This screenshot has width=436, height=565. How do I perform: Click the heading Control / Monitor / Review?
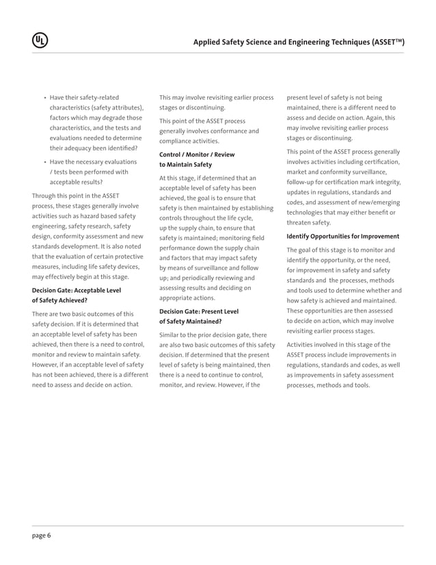pos(197,155)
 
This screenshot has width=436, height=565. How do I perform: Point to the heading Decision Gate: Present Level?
pos(199,311)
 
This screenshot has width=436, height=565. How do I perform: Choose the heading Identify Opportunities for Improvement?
pos(342,236)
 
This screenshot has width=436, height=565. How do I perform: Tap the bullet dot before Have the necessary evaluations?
pos(44,161)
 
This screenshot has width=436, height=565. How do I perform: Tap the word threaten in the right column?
pos(299,223)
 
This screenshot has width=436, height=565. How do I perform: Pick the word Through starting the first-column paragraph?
pos(45,196)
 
